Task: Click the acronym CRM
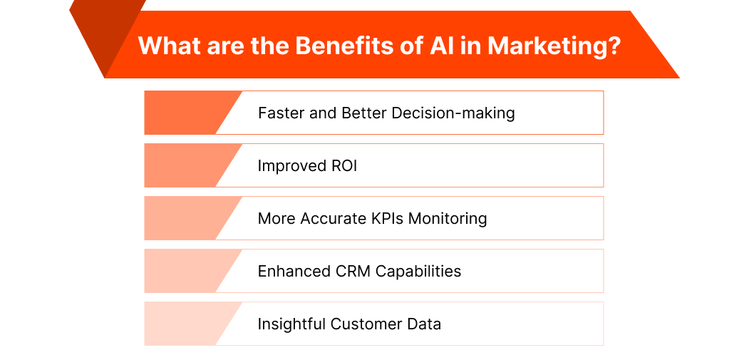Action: click(353, 271)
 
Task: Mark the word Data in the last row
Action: click(424, 324)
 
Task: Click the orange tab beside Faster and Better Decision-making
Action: click(185, 113)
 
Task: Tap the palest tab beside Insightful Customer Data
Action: click(185, 324)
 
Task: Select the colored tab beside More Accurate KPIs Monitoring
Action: click(185, 218)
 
